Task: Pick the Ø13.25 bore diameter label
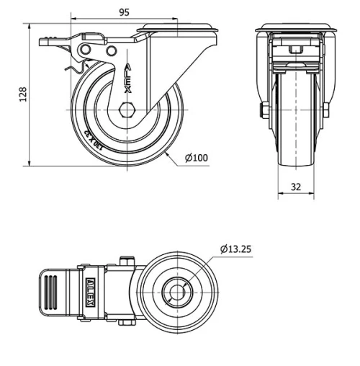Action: pyautogui.click(x=235, y=250)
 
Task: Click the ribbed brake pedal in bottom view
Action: pyautogui.click(x=55, y=292)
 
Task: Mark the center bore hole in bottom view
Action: pyautogui.click(x=173, y=292)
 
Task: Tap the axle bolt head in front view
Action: pyautogui.click(x=261, y=110)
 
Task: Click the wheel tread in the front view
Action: pyautogui.click(x=295, y=144)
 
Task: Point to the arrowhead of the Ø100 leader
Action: pyautogui.click(x=166, y=153)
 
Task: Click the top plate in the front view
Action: pyautogui.click(x=295, y=30)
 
